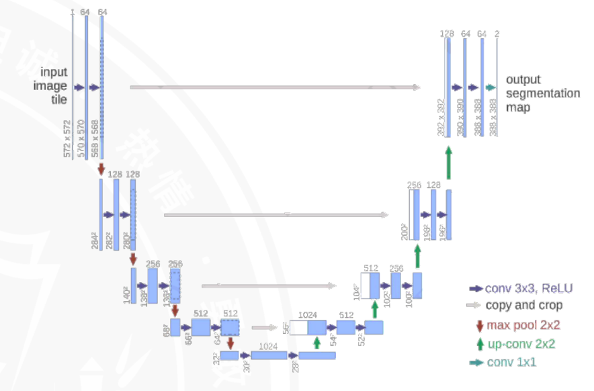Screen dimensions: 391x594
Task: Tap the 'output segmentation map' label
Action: point(542,93)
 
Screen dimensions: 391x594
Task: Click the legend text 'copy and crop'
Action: point(524,306)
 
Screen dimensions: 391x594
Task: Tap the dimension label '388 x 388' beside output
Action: point(495,119)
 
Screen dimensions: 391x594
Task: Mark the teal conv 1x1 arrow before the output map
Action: point(491,87)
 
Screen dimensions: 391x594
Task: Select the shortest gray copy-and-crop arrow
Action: point(264,328)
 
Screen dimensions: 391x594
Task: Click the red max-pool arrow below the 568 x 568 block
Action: point(101,168)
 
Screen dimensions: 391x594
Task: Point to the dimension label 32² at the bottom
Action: point(216,357)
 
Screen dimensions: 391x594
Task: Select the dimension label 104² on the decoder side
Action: point(357,290)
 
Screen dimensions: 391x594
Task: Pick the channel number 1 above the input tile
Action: point(71,12)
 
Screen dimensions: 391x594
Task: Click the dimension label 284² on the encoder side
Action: point(94,240)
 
